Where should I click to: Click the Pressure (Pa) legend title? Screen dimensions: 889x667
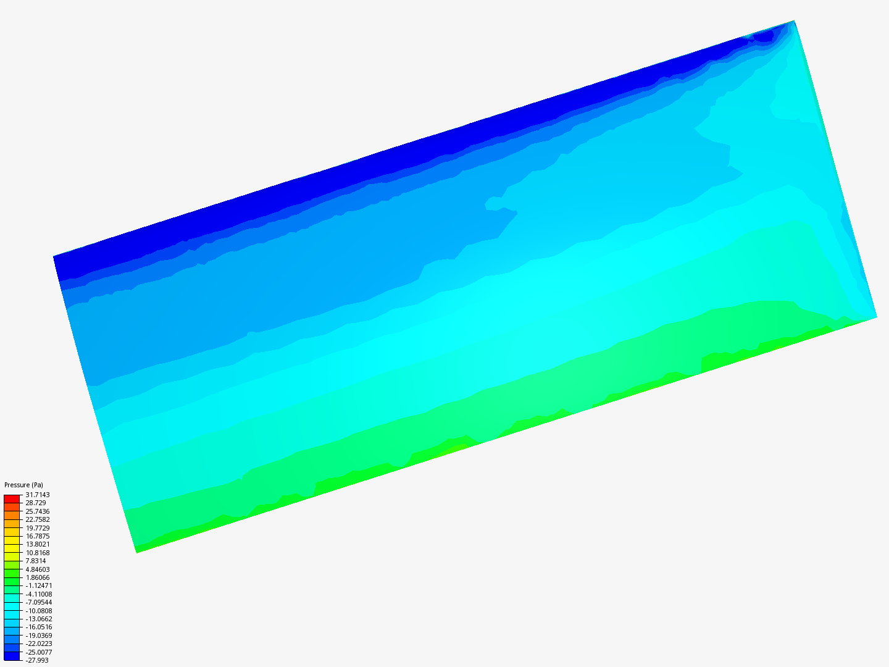coord(23,485)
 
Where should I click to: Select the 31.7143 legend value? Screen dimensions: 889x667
coord(38,495)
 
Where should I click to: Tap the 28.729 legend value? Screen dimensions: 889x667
coord(36,503)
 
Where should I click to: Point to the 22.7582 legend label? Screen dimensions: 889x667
coord(38,519)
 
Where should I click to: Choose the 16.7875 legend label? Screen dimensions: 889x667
coord(38,536)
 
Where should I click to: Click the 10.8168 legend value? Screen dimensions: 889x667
coord(38,552)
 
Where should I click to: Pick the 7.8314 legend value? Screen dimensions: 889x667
coord(36,561)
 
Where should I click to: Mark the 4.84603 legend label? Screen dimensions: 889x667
coord(38,569)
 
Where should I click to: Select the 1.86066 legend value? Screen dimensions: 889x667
coord(38,577)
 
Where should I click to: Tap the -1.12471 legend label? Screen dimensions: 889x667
coord(39,585)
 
